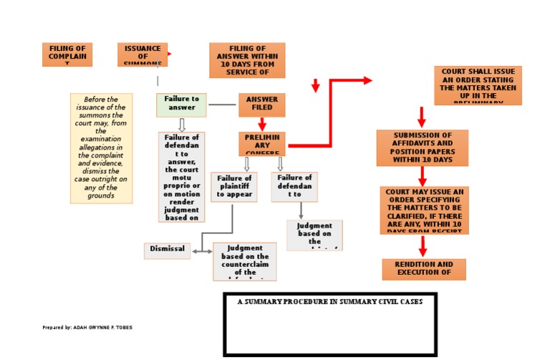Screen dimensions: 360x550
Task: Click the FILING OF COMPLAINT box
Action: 67,54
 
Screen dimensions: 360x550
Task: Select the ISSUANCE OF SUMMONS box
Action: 143,54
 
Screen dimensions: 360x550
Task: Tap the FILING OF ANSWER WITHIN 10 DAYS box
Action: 247,60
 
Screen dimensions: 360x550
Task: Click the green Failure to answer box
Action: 181,104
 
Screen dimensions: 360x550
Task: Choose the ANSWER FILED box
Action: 262,104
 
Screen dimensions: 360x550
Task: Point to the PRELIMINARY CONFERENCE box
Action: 262,143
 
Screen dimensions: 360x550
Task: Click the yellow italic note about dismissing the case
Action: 101,148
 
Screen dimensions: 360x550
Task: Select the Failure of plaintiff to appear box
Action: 233,186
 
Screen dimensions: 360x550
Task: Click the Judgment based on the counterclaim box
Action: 245,261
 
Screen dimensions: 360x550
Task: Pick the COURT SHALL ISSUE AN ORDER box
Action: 478,85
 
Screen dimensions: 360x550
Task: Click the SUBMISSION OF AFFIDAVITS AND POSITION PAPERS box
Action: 422,147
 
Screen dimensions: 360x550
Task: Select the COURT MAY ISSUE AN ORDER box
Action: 424,210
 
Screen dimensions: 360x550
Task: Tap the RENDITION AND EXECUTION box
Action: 423,269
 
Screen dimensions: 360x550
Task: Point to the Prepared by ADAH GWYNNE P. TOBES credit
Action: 87,328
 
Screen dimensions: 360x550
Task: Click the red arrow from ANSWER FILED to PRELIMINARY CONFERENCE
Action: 262,124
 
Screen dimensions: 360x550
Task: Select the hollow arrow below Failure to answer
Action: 181,125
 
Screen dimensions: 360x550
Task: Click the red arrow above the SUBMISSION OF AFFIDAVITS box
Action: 422,117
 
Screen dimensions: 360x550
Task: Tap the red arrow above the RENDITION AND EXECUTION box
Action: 423,246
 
